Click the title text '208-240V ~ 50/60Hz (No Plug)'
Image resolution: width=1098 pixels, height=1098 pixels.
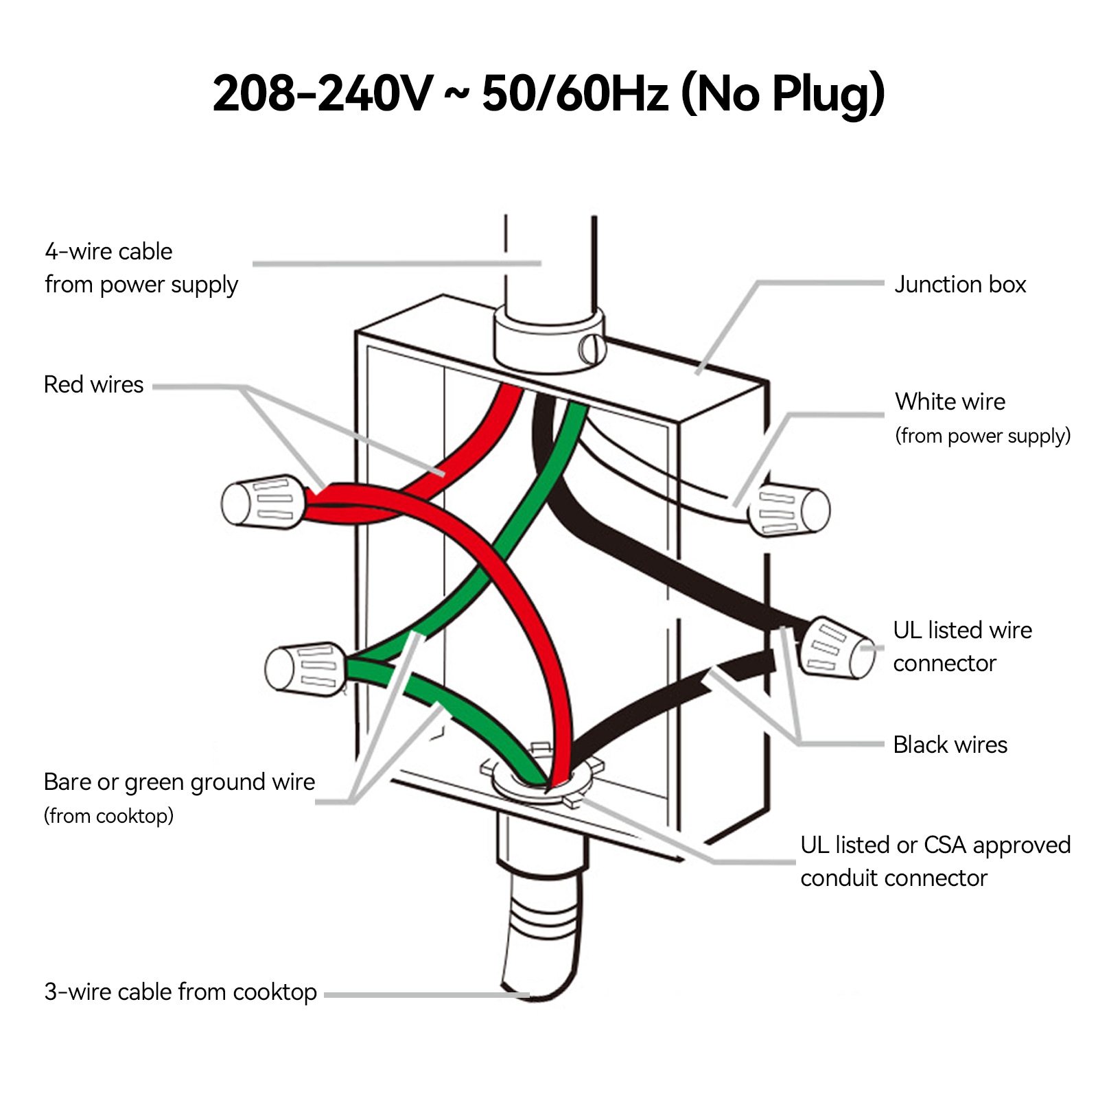click(548, 94)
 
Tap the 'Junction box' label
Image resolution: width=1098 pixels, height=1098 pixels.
click(959, 284)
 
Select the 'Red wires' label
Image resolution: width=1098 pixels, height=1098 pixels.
click(93, 384)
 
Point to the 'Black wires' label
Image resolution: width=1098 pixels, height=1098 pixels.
click(950, 745)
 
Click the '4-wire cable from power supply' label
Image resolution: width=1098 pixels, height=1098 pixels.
click(141, 268)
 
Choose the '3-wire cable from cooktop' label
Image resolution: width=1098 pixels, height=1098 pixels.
click(180, 992)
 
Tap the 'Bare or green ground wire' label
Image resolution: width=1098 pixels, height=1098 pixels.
click(179, 782)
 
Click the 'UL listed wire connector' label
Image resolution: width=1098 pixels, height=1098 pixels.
click(962, 646)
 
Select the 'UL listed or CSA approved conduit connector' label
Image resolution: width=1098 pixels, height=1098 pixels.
click(935, 861)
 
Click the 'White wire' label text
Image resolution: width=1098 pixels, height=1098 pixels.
click(950, 401)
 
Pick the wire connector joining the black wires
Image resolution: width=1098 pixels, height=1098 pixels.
click(838, 648)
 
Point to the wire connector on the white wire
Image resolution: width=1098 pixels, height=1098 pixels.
click(789, 510)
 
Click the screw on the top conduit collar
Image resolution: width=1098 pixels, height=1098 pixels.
click(591, 349)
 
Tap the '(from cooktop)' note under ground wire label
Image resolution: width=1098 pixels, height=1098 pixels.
click(108, 816)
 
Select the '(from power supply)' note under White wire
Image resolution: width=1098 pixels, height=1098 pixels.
click(983, 436)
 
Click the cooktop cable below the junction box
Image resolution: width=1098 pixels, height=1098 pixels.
click(542, 940)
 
